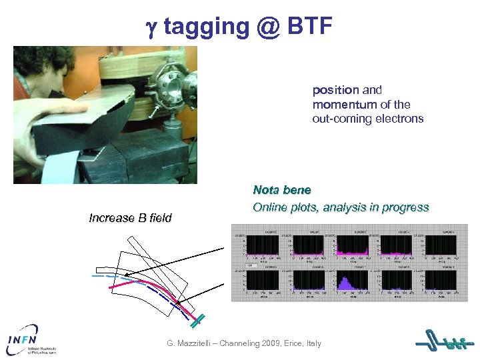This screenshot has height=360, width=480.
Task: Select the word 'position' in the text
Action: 336,90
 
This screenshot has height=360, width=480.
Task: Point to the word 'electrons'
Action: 401,119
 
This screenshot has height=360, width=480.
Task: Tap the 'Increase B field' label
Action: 130,218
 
